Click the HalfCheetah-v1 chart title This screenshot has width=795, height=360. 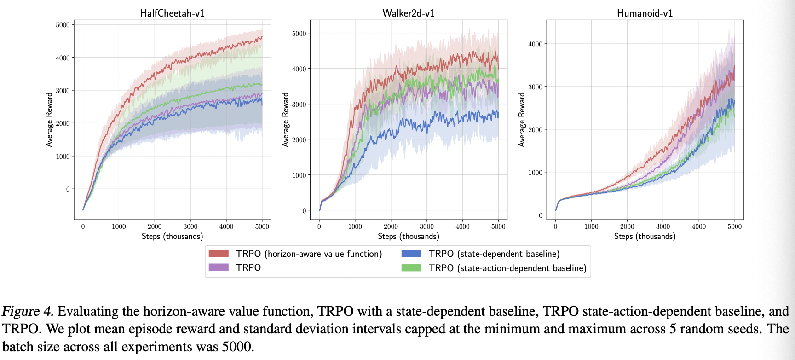tap(172, 13)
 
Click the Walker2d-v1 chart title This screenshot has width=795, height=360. tap(408, 13)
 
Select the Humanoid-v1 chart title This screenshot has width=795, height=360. tap(645, 13)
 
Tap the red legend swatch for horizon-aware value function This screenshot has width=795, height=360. tap(219, 253)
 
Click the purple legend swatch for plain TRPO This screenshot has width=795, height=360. tap(219, 267)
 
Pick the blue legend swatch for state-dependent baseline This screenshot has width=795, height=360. tap(411, 253)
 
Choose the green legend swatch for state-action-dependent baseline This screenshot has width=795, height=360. tap(411, 267)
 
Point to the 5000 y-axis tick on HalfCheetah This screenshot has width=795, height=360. tap(63, 25)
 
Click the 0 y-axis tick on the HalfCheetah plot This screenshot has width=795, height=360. tap(68, 189)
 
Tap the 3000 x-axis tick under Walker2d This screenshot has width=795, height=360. tap(426, 226)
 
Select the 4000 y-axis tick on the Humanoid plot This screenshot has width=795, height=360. tap(535, 44)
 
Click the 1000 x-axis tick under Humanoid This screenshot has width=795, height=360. tap(591, 226)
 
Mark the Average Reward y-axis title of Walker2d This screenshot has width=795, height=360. tap(286, 120)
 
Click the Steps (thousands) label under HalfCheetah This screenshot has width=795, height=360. tap(172, 236)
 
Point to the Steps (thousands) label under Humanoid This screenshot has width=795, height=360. tap(645, 236)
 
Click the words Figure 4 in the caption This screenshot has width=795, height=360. tap(28, 311)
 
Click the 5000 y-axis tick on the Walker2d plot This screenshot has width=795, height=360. tap(299, 34)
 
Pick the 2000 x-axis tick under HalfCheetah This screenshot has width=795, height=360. tap(155, 226)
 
